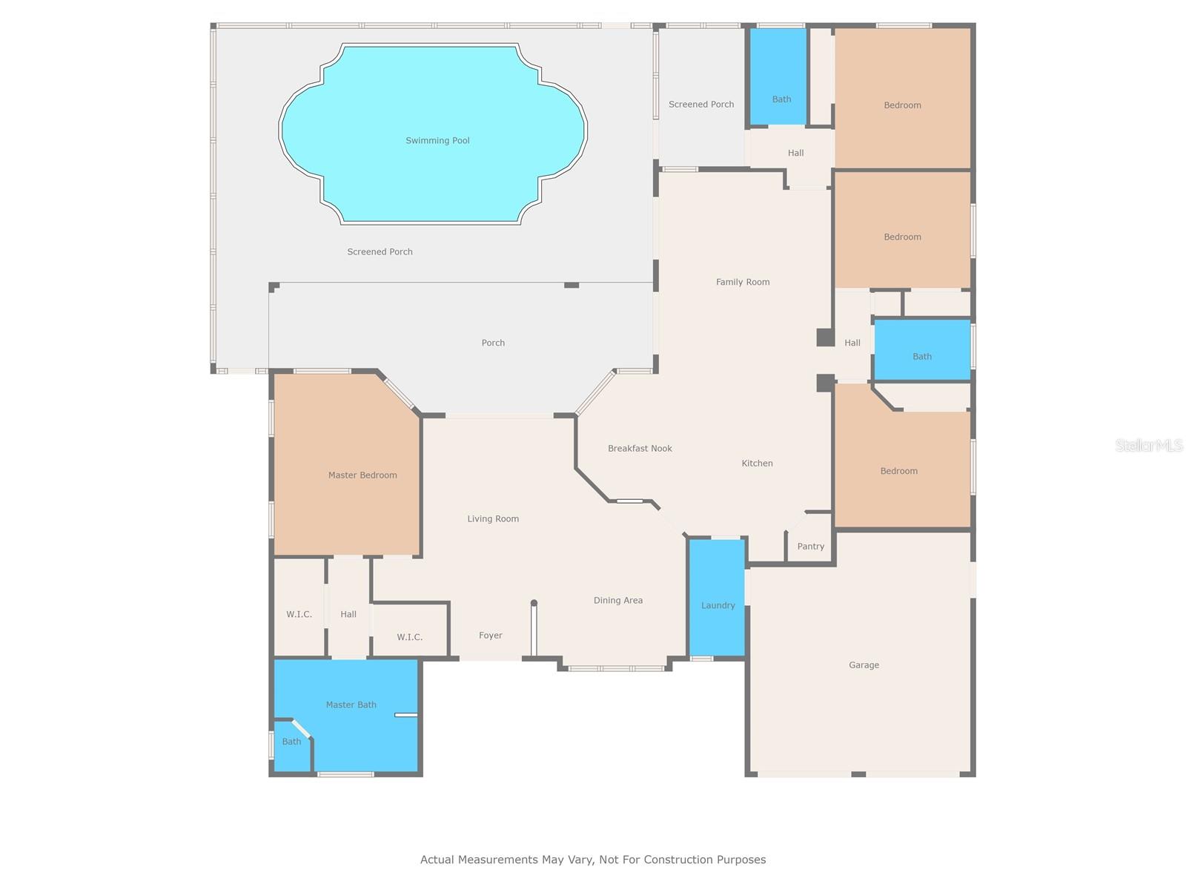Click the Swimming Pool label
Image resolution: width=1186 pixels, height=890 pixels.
[x=437, y=141]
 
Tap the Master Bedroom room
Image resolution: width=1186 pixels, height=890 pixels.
[x=362, y=475]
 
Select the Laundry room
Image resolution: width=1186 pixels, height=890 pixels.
[x=718, y=605]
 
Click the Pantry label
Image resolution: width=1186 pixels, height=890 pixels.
[x=810, y=547]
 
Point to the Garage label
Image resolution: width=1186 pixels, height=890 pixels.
[x=864, y=665]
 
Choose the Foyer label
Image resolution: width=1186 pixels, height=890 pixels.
[x=490, y=636]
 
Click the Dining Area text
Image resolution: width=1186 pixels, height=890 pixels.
[x=617, y=601]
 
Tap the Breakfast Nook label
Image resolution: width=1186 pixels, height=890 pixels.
[x=640, y=449]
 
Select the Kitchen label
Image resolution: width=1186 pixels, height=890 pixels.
[x=757, y=464]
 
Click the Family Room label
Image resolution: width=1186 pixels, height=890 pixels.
[x=743, y=282]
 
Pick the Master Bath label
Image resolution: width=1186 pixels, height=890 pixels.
[x=351, y=705]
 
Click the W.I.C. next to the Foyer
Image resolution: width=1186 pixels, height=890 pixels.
[x=409, y=637]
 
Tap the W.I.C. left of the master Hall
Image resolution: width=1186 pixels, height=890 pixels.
[x=299, y=615]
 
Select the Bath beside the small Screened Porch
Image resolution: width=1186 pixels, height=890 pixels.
[x=781, y=99]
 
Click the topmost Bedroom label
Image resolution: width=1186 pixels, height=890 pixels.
[x=902, y=105]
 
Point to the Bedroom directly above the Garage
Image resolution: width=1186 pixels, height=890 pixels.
[x=898, y=471]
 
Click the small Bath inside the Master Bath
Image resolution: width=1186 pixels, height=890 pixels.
[x=291, y=742]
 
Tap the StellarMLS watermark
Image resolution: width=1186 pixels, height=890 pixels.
[x=1148, y=446]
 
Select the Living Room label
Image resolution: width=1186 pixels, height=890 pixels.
[x=493, y=519]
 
